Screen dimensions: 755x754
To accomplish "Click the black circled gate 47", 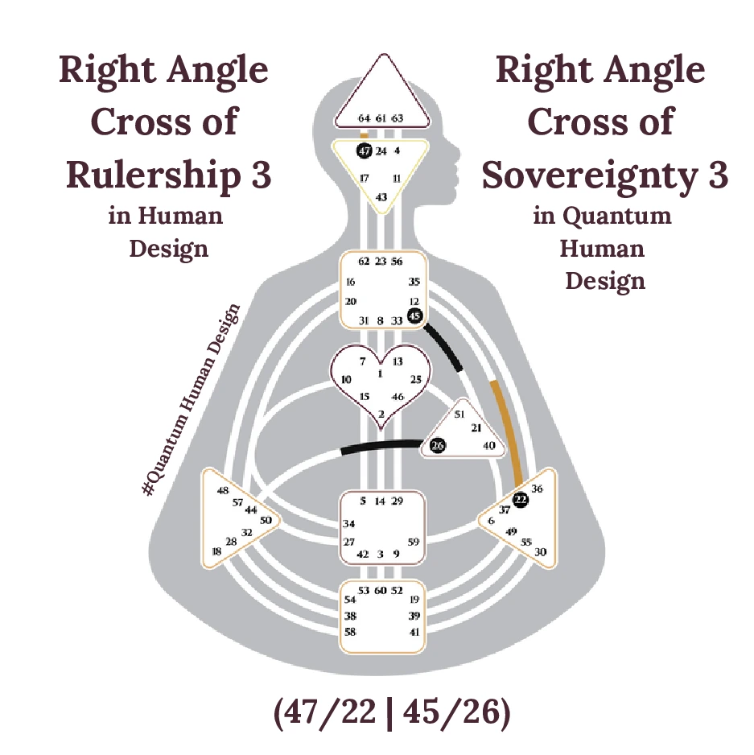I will point(364,151).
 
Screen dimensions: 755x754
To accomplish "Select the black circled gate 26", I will point(437,445).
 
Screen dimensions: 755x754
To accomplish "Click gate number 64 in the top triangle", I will point(364,118).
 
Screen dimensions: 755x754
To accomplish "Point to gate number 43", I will point(381,197).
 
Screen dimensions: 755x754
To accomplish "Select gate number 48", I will point(223,490).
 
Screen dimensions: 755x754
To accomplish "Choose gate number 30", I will point(541,552).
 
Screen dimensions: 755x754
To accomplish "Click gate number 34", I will point(349,524).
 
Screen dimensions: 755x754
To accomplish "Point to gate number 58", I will point(350,633).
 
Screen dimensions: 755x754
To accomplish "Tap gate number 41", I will point(414,633).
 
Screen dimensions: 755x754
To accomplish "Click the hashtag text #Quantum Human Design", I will point(192,399).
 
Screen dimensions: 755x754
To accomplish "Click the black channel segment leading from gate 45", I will point(444,347).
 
